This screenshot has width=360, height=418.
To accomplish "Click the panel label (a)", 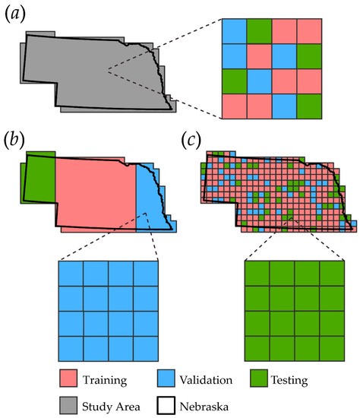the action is (15, 14).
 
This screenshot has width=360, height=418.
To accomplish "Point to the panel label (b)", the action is (14, 140).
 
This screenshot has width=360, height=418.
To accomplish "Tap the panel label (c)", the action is (191, 140).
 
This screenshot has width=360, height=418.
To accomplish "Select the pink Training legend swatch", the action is (68, 378).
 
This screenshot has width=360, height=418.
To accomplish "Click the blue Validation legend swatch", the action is (166, 378).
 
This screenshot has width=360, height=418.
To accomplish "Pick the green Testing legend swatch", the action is (259, 378).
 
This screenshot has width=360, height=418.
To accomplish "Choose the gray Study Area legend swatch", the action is (68, 406).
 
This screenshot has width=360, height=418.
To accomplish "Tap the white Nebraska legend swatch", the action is (166, 406).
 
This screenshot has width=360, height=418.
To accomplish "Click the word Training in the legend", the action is (105, 380).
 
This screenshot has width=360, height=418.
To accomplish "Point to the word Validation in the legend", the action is (206, 380).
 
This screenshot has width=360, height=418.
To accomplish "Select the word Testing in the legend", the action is (289, 380).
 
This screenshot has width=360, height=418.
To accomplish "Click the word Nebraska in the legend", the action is (204, 407).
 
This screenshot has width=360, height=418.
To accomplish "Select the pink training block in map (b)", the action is (96, 193).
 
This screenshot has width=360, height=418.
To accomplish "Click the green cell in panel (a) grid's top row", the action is (259, 31).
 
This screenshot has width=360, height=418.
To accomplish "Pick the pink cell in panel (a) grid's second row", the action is (259, 56).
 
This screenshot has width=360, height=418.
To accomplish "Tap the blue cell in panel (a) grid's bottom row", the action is (284, 106).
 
